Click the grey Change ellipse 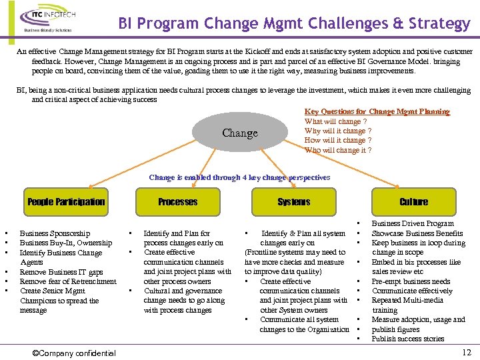[x=240, y=133]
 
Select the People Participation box [x=66, y=202]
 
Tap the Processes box [x=177, y=202]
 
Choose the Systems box [x=294, y=202]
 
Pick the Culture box [x=413, y=202]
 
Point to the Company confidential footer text [x=74, y=353]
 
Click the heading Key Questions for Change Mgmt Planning [x=377, y=112]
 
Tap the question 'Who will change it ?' [x=337, y=150]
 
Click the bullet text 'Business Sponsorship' [x=55, y=233]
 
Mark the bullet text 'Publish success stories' [x=408, y=339]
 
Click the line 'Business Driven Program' [x=412, y=224]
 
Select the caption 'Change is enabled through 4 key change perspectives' [x=239, y=177]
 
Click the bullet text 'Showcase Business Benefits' [x=417, y=233]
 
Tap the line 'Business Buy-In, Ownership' [x=66, y=243]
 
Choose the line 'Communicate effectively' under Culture [x=412, y=291]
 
